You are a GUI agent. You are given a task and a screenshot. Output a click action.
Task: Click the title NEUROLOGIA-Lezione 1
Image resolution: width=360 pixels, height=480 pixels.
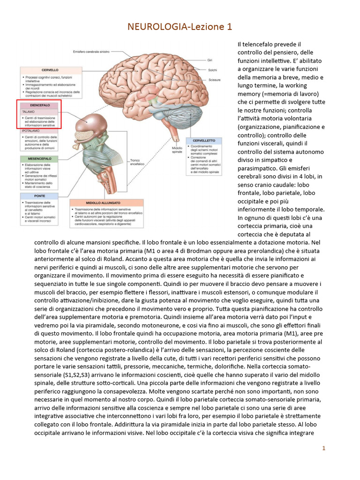(x=180, y=27)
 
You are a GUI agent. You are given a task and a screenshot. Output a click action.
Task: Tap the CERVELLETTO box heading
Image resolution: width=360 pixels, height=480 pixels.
(x=203, y=141)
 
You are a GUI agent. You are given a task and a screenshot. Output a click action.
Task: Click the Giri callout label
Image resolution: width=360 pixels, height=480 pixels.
(x=210, y=60)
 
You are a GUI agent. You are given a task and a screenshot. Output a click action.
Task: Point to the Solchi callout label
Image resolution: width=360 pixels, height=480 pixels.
(x=212, y=69)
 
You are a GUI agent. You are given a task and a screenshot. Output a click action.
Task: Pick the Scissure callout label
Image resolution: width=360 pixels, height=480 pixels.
(x=214, y=79)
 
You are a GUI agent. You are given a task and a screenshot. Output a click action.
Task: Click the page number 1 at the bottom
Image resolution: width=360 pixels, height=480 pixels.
(x=323, y=449)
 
